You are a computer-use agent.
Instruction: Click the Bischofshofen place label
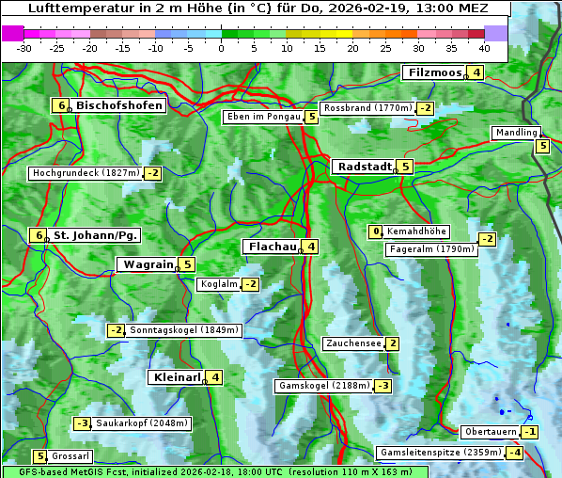point(119,105)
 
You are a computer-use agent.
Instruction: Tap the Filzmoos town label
point(433,72)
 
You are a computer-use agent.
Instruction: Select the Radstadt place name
point(363,167)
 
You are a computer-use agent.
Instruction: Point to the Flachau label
point(270,247)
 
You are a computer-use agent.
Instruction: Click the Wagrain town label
point(148,264)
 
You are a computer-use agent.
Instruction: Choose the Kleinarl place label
point(177,377)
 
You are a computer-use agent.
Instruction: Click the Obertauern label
point(491,432)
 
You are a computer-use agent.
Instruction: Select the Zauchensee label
point(353,343)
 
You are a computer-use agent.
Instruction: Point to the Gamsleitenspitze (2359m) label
point(439,453)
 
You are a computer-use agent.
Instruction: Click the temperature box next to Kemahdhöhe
point(376,231)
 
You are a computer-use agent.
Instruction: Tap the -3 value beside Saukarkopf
point(83,423)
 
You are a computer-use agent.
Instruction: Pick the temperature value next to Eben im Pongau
point(311,118)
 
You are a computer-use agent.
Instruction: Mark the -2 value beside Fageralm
point(487,239)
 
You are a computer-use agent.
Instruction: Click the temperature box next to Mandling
point(542,146)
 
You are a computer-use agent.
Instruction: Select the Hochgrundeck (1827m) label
point(86,173)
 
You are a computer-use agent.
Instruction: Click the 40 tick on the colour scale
point(484,47)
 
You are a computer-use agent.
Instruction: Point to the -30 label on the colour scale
point(24,47)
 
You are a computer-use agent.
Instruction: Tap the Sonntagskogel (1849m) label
point(185,330)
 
